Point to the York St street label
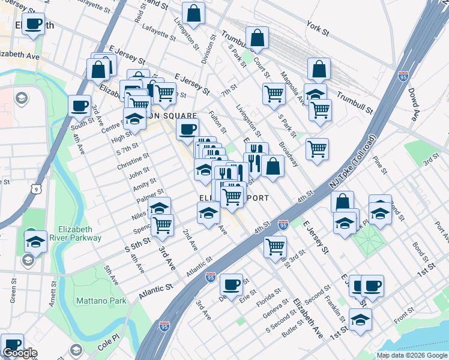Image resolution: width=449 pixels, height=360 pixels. [x=318, y=27]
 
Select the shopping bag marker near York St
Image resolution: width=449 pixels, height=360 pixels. [x=319, y=69]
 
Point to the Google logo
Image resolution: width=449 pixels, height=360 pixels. [x=20, y=353]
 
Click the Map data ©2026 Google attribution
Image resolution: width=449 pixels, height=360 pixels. [x=412, y=355]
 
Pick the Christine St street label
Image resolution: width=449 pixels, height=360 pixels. [x=134, y=161]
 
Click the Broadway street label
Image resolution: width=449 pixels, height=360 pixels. [x=288, y=154]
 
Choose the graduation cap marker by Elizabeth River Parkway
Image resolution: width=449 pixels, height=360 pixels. [x=36, y=241]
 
